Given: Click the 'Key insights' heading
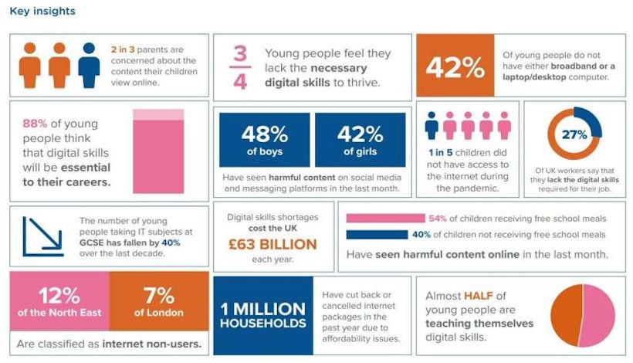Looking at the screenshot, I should [42, 12].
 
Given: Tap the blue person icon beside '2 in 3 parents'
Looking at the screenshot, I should [89, 63].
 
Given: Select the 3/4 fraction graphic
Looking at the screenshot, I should [240, 68].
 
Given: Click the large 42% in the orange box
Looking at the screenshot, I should [455, 67].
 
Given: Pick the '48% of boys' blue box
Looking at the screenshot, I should [264, 140].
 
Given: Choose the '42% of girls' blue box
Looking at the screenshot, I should [360, 140].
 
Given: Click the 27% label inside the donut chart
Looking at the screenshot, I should [574, 134].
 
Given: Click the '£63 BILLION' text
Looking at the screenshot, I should [273, 245].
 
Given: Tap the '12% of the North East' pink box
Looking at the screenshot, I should [59, 302].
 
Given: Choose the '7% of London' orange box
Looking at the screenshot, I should [158, 302].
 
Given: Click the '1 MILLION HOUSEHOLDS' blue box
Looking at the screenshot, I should [262, 310].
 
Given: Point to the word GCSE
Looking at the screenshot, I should [93, 241].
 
